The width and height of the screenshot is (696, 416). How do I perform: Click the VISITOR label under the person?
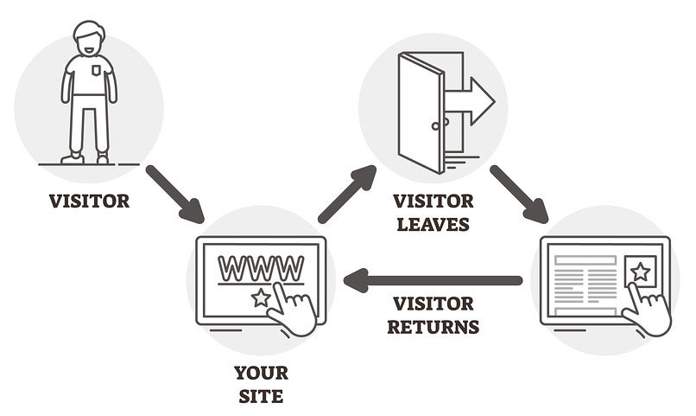pos(89,202)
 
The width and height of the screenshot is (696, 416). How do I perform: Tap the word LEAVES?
pos(433,225)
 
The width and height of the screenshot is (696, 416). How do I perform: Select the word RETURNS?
pos(433,327)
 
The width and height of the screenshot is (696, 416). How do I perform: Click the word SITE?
pos(261,398)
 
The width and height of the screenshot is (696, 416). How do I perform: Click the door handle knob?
pos(435,125)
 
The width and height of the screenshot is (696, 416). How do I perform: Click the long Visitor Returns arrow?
pos(432,280)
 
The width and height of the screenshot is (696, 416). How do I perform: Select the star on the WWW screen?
pos(260,298)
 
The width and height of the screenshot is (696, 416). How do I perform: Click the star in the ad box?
pos(640,272)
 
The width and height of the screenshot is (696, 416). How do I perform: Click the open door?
pos(421,112)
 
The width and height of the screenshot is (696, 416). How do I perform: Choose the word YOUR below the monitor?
pos(261,374)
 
